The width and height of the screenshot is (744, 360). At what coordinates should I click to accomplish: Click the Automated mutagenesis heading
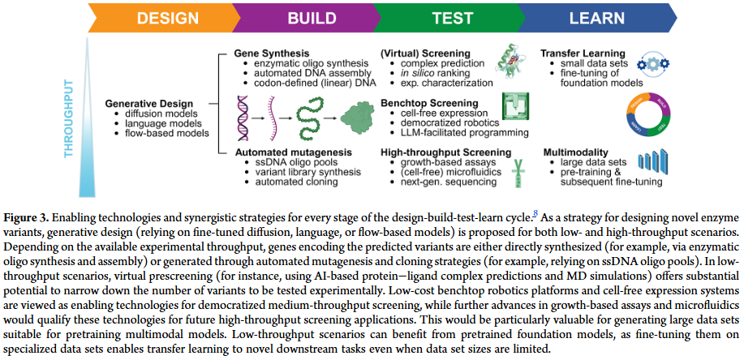[x=287, y=151]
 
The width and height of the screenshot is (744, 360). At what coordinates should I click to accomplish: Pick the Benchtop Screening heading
[x=427, y=105]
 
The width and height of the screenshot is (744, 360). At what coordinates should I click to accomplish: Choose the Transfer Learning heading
[x=583, y=54]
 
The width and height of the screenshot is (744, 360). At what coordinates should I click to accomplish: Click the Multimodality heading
[x=574, y=151]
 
